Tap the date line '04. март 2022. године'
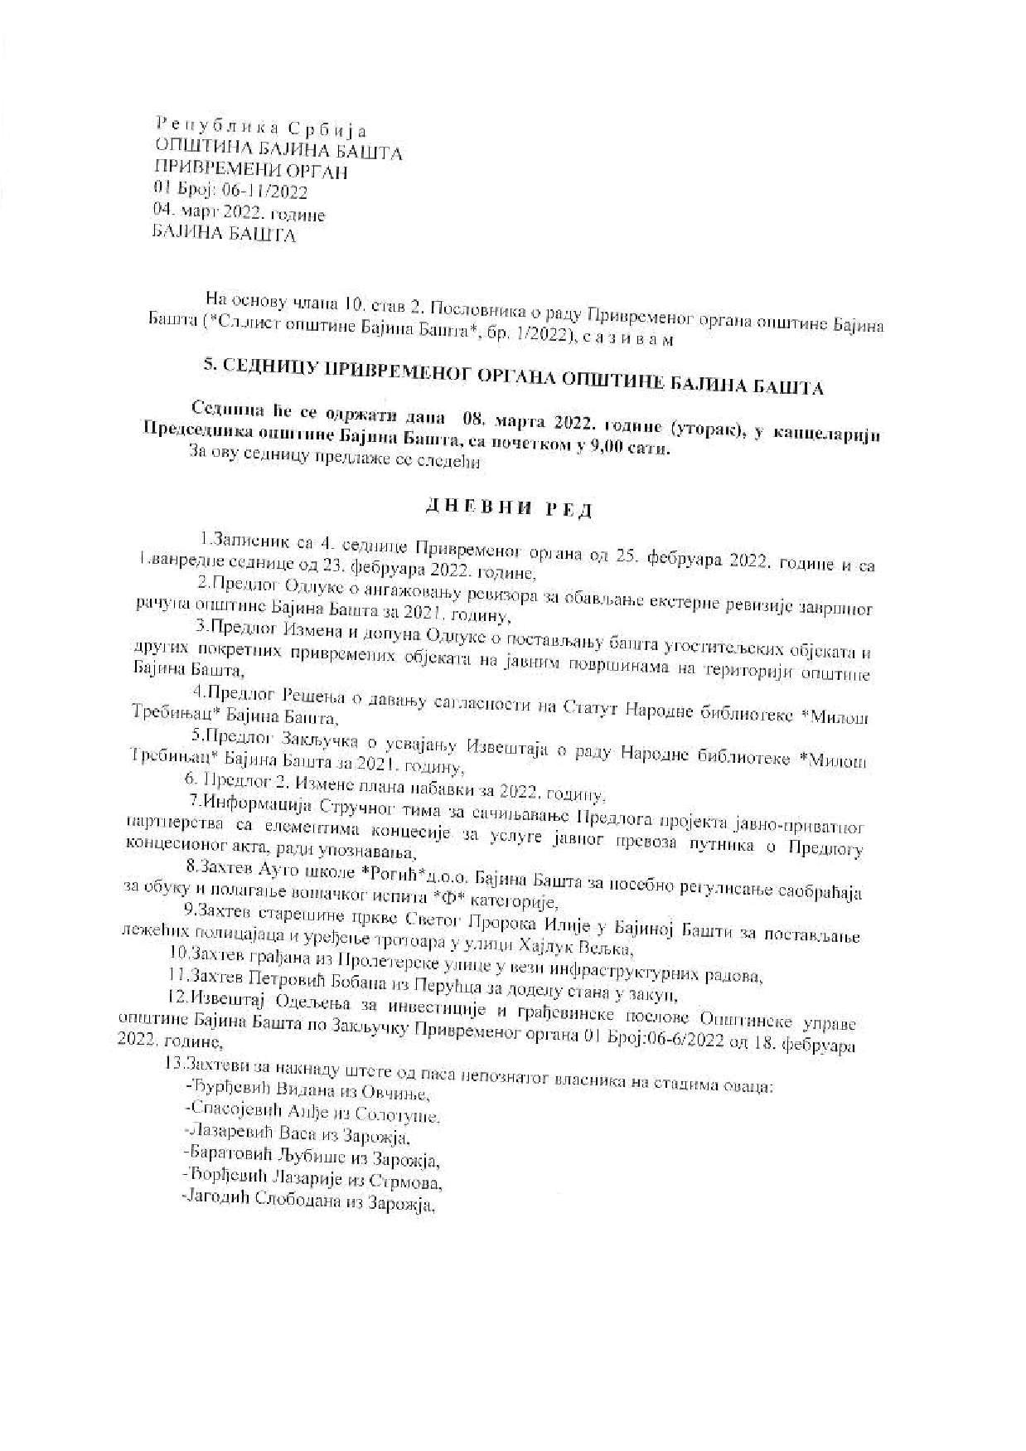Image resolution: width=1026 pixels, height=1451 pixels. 240,214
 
